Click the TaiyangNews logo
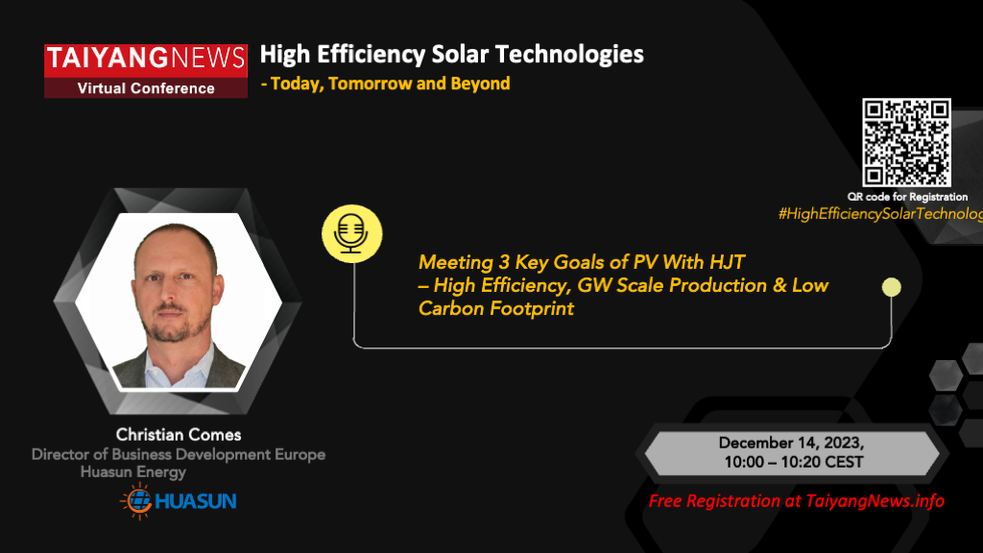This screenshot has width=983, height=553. (x=146, y=71)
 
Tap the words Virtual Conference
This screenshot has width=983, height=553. (x=146, y=88)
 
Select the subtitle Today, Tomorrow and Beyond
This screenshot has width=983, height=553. (x=390, y=84)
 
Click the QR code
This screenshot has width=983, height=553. (x=906, y=142)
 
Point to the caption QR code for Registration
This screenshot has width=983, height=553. (x=907, y=197)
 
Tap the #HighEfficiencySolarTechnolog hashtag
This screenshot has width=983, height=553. (x=880, y=214)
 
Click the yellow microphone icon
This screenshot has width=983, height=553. (x=351, y=233)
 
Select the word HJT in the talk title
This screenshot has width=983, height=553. (x=728, y=261)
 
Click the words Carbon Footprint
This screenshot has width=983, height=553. (x=496, y=308)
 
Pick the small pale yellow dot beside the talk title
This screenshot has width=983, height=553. (x=892, y=287)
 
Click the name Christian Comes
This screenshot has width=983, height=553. (x=179, y=435)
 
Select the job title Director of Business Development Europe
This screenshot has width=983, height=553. (x=179, y=454)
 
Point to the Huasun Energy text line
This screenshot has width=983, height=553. (x=133, y=472)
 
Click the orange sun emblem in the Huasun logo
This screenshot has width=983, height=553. (x=136, y=501)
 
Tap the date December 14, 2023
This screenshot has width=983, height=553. (x=791, y=444)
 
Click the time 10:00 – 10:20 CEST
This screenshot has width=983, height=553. (x=794, y=462)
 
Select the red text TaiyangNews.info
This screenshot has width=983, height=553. (x=875, y=501)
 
